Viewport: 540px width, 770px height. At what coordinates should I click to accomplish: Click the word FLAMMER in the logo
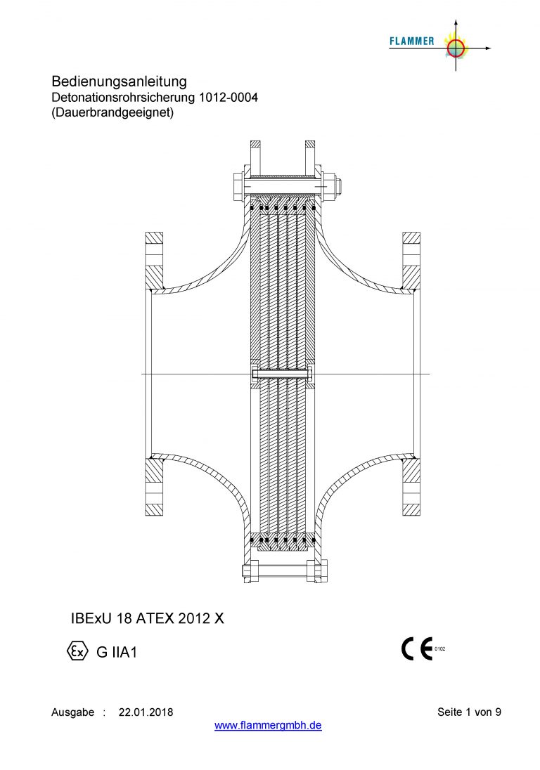(x=412, y=41)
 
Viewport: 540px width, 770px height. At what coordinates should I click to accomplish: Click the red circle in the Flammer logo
(x=456, y=48)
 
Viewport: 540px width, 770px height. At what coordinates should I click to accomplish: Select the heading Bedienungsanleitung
(x=120, y=81)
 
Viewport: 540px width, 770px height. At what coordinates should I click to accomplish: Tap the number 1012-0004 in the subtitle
(x=228, y=97)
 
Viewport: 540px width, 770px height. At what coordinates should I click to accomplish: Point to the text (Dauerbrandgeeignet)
(x=112, y=112)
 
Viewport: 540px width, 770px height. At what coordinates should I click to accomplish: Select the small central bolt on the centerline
(x=283, y=374)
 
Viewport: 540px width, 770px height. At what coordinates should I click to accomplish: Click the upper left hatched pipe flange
(x=154, y=260)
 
